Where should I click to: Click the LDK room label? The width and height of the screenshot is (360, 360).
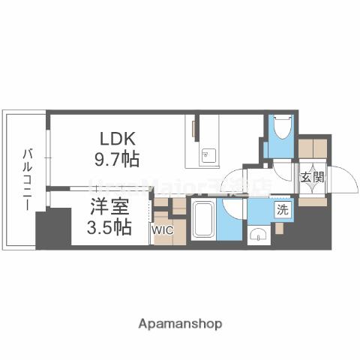(118, 139)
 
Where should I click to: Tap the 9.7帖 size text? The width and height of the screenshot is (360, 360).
(118, 159)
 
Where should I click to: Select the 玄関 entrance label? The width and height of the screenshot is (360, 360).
(312, 178)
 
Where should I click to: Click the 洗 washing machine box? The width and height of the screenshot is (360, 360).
(282, 211)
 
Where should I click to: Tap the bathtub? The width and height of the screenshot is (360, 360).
(202, 219)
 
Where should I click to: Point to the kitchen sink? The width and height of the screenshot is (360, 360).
(206, 156)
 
